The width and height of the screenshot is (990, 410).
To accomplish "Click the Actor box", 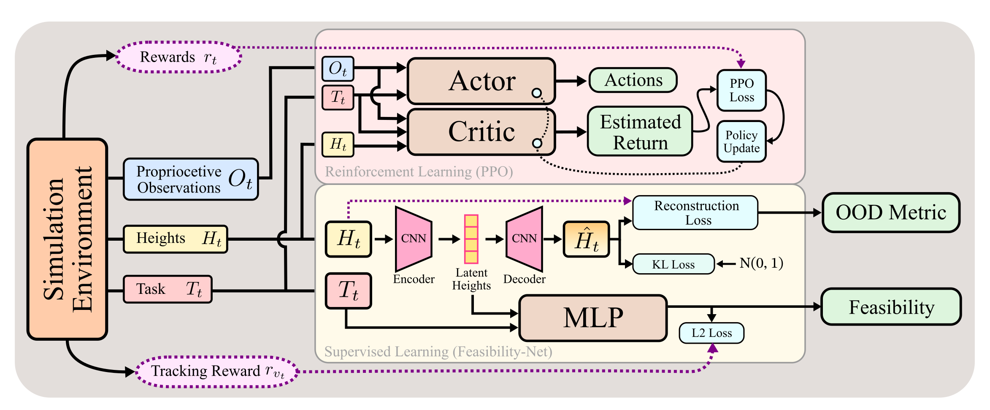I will [x=481, y=81].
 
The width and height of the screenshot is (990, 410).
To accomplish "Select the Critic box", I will [x=481, y=132].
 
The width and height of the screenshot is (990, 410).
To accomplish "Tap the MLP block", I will [x=593, y=318].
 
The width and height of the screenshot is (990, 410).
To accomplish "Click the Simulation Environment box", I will [x=68, y=239].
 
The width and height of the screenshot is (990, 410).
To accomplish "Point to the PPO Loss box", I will [x=741, y=90].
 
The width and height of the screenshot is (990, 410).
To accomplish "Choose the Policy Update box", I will [x=741, y=141].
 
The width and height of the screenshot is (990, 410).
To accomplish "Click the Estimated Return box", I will [x=640, y=132].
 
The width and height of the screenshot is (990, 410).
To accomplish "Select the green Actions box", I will [x=633, y=80].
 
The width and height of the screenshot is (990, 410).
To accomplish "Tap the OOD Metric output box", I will [x=891, y=212].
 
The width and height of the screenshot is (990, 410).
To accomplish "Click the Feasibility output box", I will [x=891, y=307].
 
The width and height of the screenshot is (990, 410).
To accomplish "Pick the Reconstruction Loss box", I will [x=695, y=213].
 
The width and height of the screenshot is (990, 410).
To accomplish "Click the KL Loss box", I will [x=673, y=264].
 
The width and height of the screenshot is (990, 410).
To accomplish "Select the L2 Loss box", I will [x=711, y=333].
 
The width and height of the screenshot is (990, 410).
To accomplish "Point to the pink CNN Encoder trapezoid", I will [x=413, y=239].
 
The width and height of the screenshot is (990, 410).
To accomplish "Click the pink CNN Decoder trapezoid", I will [x=525, y=239].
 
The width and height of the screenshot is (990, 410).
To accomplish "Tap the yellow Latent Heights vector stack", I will [x=471, y=239].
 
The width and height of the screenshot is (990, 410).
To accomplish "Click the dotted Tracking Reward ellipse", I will [x=217, y=372].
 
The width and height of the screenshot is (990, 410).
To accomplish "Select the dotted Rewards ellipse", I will [x=179, y=57].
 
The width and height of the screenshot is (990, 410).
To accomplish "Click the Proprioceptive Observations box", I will [x=191, y=179].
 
